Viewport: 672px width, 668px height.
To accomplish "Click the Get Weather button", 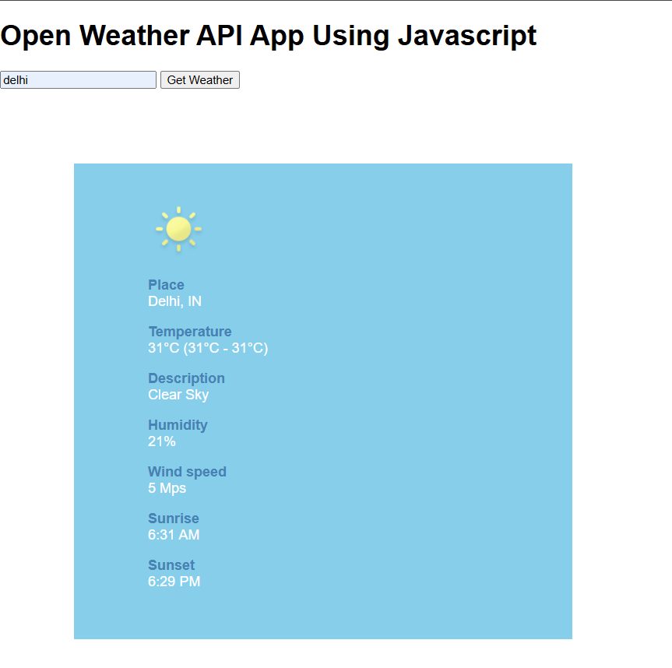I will [200, 80].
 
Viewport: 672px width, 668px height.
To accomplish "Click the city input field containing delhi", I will [78, 80].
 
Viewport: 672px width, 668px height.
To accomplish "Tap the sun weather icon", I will [178, 229].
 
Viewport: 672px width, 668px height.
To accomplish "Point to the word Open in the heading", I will [36, 36].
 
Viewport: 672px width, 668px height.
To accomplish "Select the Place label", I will [166, 285].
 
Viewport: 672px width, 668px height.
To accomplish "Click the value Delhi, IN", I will [174, 301].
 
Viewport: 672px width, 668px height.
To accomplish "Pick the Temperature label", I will [190, 332].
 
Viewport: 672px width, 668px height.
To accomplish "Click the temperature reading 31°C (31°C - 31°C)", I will [208, 348].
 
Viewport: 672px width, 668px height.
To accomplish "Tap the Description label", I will [186, 378].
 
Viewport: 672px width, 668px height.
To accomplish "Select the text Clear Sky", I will [178, 395].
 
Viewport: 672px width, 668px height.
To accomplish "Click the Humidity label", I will [178, 425].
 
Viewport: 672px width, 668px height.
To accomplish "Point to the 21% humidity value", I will [162, 441].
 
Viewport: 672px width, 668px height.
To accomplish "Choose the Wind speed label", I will [187, 472].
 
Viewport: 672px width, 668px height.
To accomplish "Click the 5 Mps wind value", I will [167, 488].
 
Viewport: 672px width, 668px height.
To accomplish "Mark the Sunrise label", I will [174, 519].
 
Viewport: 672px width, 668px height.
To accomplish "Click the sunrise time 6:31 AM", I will [174, 535].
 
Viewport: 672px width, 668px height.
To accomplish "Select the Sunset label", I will [171, 565].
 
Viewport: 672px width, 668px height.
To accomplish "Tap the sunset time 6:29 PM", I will [174, 582].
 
